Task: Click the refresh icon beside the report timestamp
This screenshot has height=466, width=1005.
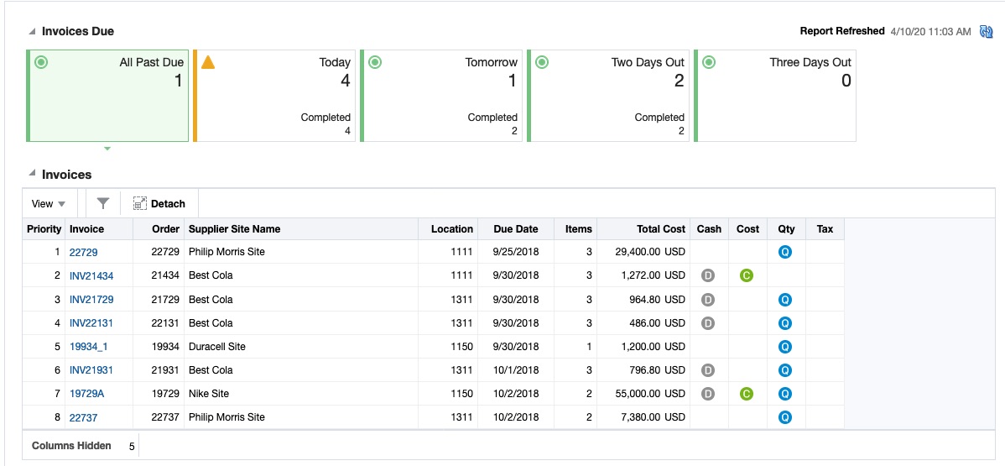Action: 986,32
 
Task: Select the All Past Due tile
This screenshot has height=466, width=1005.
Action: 107,96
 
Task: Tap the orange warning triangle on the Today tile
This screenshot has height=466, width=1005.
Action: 208,62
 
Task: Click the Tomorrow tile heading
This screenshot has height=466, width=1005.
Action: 491,62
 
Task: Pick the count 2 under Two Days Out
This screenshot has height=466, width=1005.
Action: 679,81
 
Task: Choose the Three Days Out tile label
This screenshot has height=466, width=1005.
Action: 810,62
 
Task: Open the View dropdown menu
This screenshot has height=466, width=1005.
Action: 48,204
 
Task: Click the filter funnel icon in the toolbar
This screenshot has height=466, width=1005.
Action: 103,204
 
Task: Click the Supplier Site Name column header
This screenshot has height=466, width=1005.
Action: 234,229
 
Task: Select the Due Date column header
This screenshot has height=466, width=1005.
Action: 515,229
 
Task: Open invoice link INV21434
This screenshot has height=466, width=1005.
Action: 91,276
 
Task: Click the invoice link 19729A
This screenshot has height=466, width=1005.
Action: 86,394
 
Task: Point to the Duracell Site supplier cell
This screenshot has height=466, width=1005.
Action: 216,347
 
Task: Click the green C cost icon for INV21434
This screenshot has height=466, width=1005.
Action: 747,275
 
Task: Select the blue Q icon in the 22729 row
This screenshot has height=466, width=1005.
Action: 785,252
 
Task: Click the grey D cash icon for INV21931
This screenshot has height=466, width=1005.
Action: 708,370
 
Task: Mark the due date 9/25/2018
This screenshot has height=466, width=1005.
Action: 515,252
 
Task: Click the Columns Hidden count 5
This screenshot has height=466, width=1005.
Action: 132,447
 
